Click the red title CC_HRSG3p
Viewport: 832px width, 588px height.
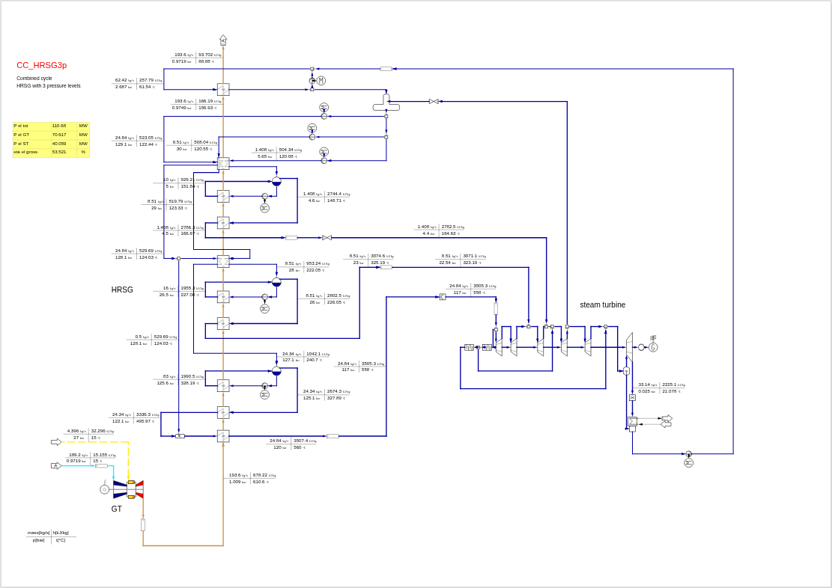point(42,65)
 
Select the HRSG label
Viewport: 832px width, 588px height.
point(122,290)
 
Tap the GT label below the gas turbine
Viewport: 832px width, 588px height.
point(117,509)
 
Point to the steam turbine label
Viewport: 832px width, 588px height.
point(602,305)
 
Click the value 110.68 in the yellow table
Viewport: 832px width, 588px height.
point(59,126)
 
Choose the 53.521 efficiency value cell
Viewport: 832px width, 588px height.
point(59,152)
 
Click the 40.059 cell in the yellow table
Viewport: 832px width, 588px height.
point(59,144)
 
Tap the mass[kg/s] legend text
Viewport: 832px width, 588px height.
point(38,533)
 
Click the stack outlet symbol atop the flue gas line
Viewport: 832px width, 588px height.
point(223,40)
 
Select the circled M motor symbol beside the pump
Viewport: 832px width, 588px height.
point(321,81)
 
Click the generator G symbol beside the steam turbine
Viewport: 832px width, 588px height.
point(653,347)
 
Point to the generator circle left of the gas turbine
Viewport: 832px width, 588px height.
point(105,489)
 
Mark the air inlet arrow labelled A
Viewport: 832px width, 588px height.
point(55,466)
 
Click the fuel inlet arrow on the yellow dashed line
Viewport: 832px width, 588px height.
point(56,442)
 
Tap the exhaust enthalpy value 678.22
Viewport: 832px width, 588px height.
point(260,475)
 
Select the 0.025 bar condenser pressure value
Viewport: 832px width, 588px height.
point(644,391)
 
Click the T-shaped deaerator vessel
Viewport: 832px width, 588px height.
point(386,105)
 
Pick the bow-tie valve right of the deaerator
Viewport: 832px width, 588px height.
point(434,101)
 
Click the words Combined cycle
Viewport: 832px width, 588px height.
point(34,79)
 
